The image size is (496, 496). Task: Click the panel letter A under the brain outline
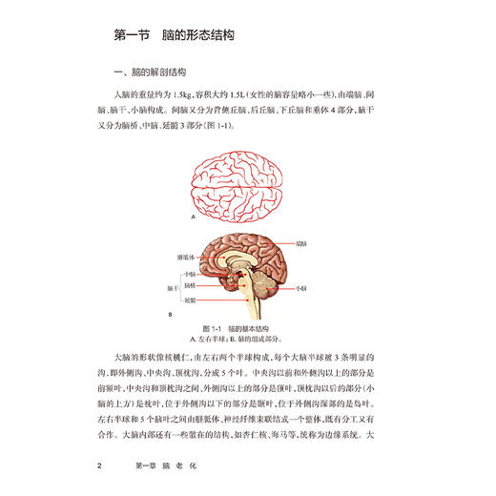(x=194, y=218)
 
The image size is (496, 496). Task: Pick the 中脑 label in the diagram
(x=191, y=273)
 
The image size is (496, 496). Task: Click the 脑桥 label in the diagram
(x=191, y=285)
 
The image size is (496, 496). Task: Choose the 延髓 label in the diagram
(x=191, y=298)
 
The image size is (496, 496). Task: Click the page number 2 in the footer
(x=114, y=466)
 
